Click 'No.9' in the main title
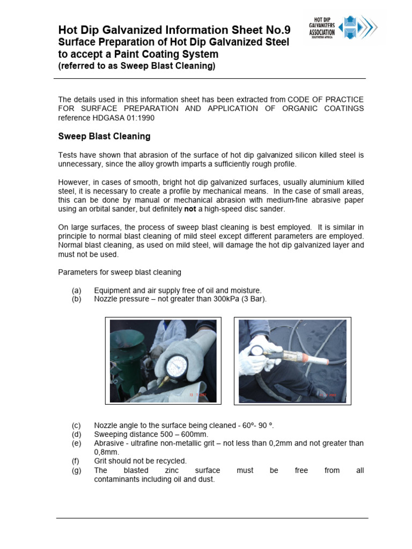(x=276, y=30)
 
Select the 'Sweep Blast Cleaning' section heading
(x=104, y=136)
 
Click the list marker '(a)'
(x=76, y=291)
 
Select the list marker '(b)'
(x=76, y=299)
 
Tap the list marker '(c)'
(x=76, y=426)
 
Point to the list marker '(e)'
(x=76, y=443)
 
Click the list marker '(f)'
(x=76, y=461)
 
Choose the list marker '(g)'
(x=76, y=470)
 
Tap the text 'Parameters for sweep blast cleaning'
(x=120, y=272)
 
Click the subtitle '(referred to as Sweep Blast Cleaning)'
(x=137, y=66)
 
